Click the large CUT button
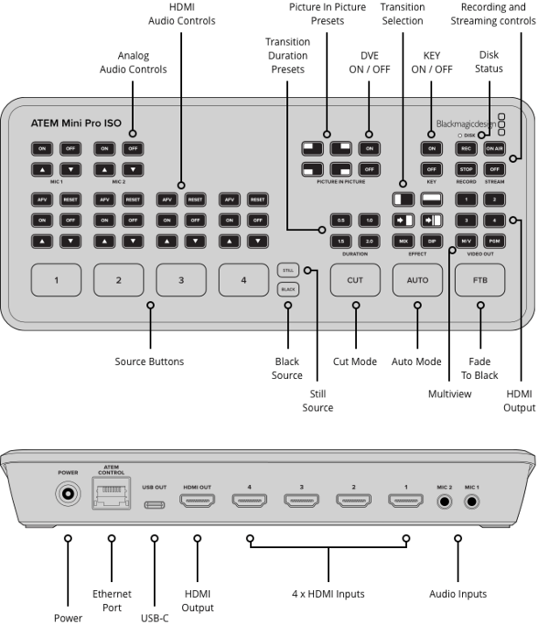[x=355, y=280]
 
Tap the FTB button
[x=479, y=280]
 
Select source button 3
[x=181, y=280]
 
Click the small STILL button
[x=288, y=270]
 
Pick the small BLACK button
[x=288, y=288]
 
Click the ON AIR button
[x=495, y=149]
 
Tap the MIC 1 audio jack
[x=473, y=502]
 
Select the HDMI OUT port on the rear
[x=197, y=502]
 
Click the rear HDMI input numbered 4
[x=249, y=502]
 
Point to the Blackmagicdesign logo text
[x=465, y=124]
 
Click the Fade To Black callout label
[x=479, y=368]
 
